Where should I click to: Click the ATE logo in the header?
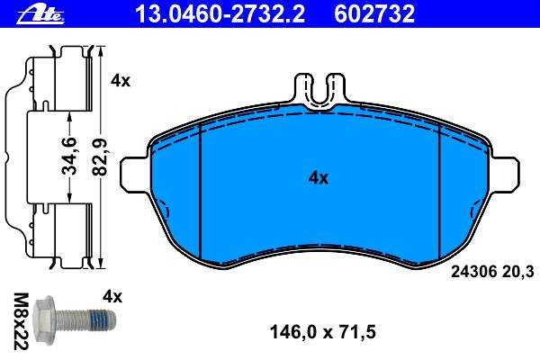41,14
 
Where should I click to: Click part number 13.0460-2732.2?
220,14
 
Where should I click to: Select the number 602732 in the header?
374,14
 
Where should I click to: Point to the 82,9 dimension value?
101,157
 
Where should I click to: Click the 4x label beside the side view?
121,81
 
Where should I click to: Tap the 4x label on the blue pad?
319,178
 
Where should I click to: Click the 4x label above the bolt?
112,297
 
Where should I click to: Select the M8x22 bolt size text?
20,321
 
